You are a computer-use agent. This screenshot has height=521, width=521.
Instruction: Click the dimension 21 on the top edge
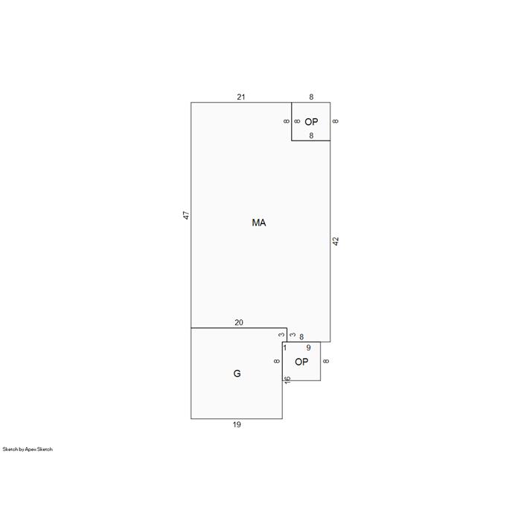241,97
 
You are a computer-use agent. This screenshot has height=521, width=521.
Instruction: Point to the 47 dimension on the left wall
186,215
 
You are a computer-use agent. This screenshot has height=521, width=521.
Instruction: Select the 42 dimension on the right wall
336,241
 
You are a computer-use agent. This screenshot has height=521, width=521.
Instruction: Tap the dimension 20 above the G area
239,322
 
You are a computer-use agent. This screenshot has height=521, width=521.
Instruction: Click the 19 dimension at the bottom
237,424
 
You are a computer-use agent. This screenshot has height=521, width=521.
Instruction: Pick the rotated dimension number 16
287,380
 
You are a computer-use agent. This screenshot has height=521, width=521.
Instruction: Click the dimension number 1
285,348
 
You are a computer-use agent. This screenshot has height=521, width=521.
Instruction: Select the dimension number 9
309,348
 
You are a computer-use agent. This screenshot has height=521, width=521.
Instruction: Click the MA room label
259,223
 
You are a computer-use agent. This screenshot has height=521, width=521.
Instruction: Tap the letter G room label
237,374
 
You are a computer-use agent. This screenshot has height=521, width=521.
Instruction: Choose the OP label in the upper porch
311,122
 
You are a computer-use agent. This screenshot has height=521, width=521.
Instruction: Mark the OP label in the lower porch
301,362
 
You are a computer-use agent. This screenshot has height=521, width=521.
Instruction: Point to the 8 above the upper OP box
311,97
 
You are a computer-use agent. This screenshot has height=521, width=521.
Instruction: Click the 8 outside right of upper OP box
336,121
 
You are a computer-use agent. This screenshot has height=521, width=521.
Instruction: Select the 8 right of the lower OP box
326,361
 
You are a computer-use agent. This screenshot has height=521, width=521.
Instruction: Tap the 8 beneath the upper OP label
311,135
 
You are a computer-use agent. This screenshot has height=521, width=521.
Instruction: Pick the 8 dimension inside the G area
277,361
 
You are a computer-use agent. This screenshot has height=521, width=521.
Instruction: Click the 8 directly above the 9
301,337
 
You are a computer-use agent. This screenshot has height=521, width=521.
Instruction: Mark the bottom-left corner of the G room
191,418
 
